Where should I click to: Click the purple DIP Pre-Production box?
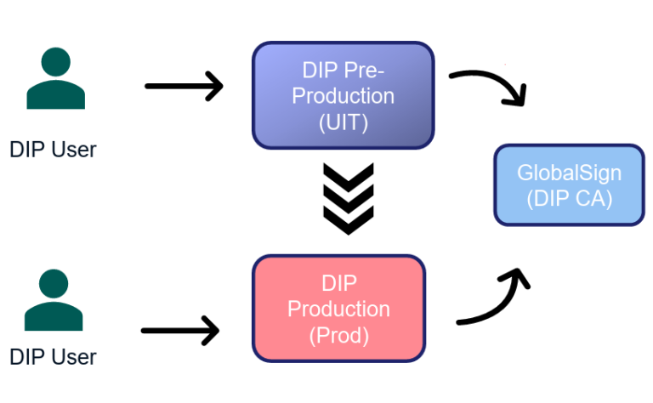(343, 95)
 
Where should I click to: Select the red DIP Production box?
(338, 309)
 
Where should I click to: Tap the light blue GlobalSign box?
(569, 185)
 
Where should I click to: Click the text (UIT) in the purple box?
(343, 122)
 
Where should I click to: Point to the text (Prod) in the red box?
(339, 335)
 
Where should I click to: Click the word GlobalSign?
(569, 173)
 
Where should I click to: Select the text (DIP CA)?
(569, 200)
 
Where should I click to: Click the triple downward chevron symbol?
(348, 199)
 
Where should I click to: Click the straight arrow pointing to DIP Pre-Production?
(183, 86)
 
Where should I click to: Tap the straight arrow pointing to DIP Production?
(180, 330)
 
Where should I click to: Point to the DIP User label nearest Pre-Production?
(53, 150)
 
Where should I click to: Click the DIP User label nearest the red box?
(53, 355)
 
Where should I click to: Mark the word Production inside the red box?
(338, 309)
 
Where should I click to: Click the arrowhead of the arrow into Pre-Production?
(213, 86)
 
